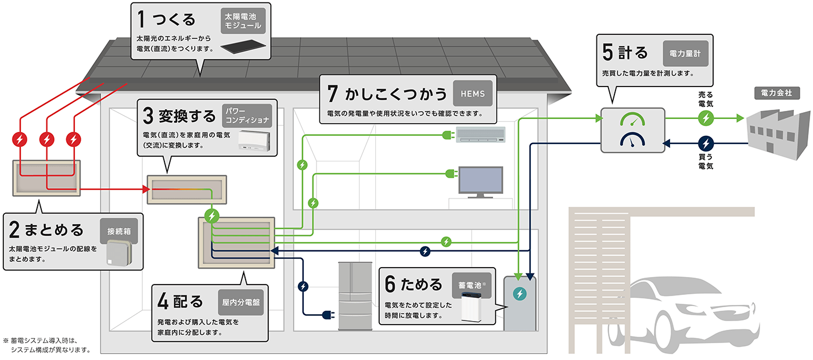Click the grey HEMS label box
coord(473,93)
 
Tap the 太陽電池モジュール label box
coord(243,21)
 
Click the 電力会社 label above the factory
coord(772,93)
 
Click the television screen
coord(481,181)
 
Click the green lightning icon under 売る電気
coord(706,118)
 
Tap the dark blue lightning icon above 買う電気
coord(706,143)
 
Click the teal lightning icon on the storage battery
coord(518,294)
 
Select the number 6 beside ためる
coord(390,285)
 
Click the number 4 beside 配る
coord(163,301)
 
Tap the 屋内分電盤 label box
coord(242,302)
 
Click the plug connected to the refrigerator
coord(328,315)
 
